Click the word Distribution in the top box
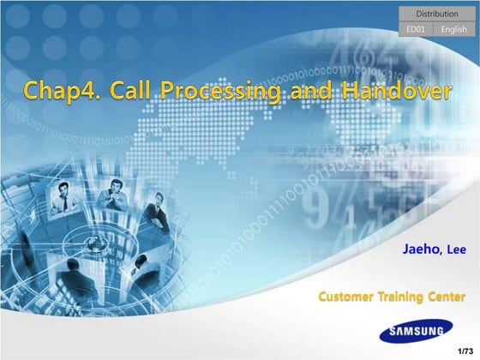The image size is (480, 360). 436,14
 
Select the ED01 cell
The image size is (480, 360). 416,29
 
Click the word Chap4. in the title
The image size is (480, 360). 54,90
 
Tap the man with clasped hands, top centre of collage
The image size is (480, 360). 114,189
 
